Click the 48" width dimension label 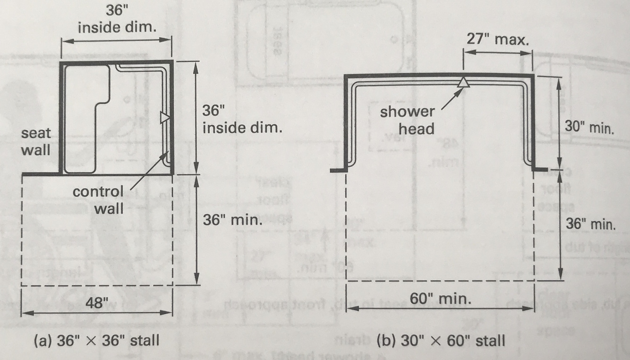coord(96,302)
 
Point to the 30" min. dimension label coord(589,128)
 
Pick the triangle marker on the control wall coord(164,117)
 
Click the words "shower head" coord(407,120)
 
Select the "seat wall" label coord(36,141)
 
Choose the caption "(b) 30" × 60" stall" coord(441,340)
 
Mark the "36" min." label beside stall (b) coord(590,224)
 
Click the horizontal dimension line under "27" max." coord(498,53)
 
